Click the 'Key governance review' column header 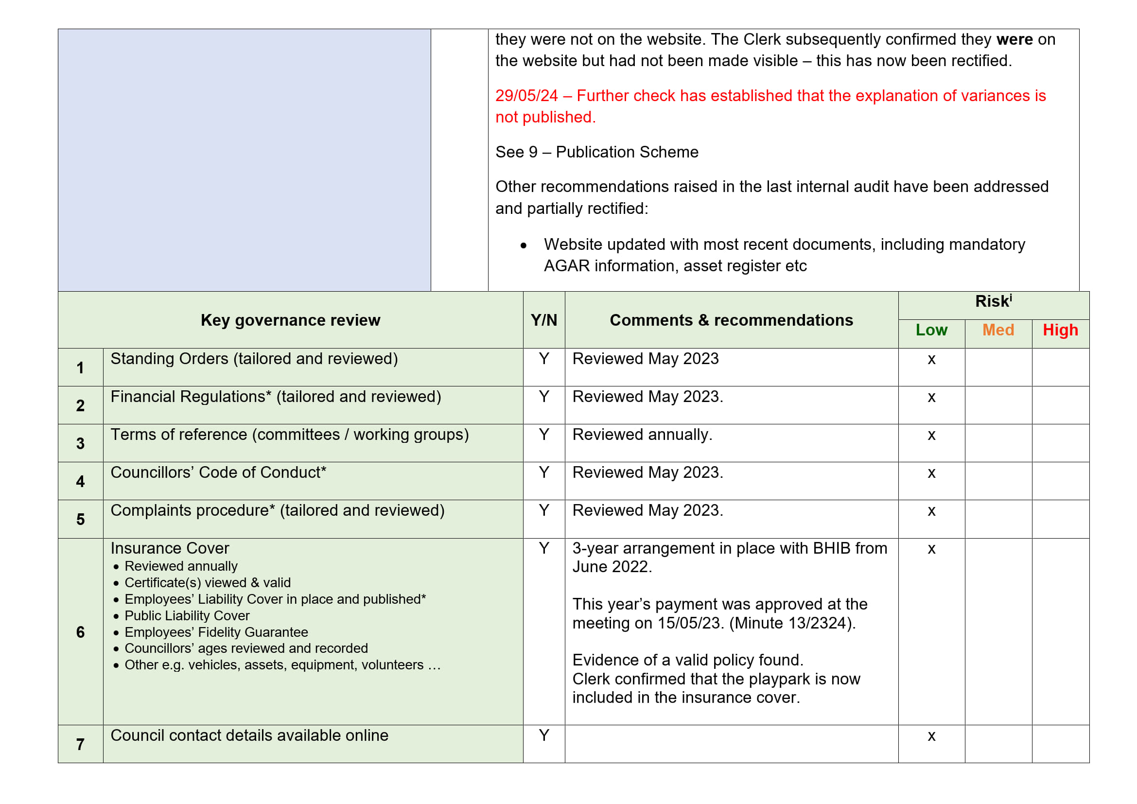tap(290, 320)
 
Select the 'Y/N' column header tap(543, 320)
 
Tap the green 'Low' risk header tap(931, 330)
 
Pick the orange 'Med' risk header tap(998, 330)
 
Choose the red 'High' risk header tap(1060, 330)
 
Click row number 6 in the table tap(80, 632)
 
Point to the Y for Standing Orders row tap(544, 359)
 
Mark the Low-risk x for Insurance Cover tap(931, 549)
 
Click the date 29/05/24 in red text tap(526, 96)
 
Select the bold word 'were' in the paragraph tap(1014, 39)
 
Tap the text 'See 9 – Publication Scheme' tap(597, 152)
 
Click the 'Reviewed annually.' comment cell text tap(642, 435)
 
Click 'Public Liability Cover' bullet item tap(187, 616)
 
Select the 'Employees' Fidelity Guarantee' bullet tap(216, 632)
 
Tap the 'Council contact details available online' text tap(249, 735)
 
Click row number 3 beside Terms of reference tap(80, 444)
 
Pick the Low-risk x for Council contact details tap(931, 736)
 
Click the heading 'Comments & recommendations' tap(731, 320)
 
